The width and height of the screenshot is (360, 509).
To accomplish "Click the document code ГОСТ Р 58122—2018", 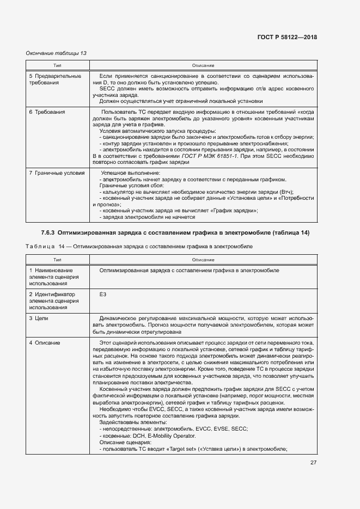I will (x=286, y=38).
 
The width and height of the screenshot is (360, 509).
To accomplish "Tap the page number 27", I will (x=313, y=463).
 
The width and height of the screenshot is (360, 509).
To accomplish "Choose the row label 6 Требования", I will (x=47, y=112).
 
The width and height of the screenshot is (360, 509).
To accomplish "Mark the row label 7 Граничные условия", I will (x=57, y=173).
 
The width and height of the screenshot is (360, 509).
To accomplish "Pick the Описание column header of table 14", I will (x=203, y=260).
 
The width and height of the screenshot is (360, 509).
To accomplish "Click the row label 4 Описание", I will (x=45, y=343).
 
